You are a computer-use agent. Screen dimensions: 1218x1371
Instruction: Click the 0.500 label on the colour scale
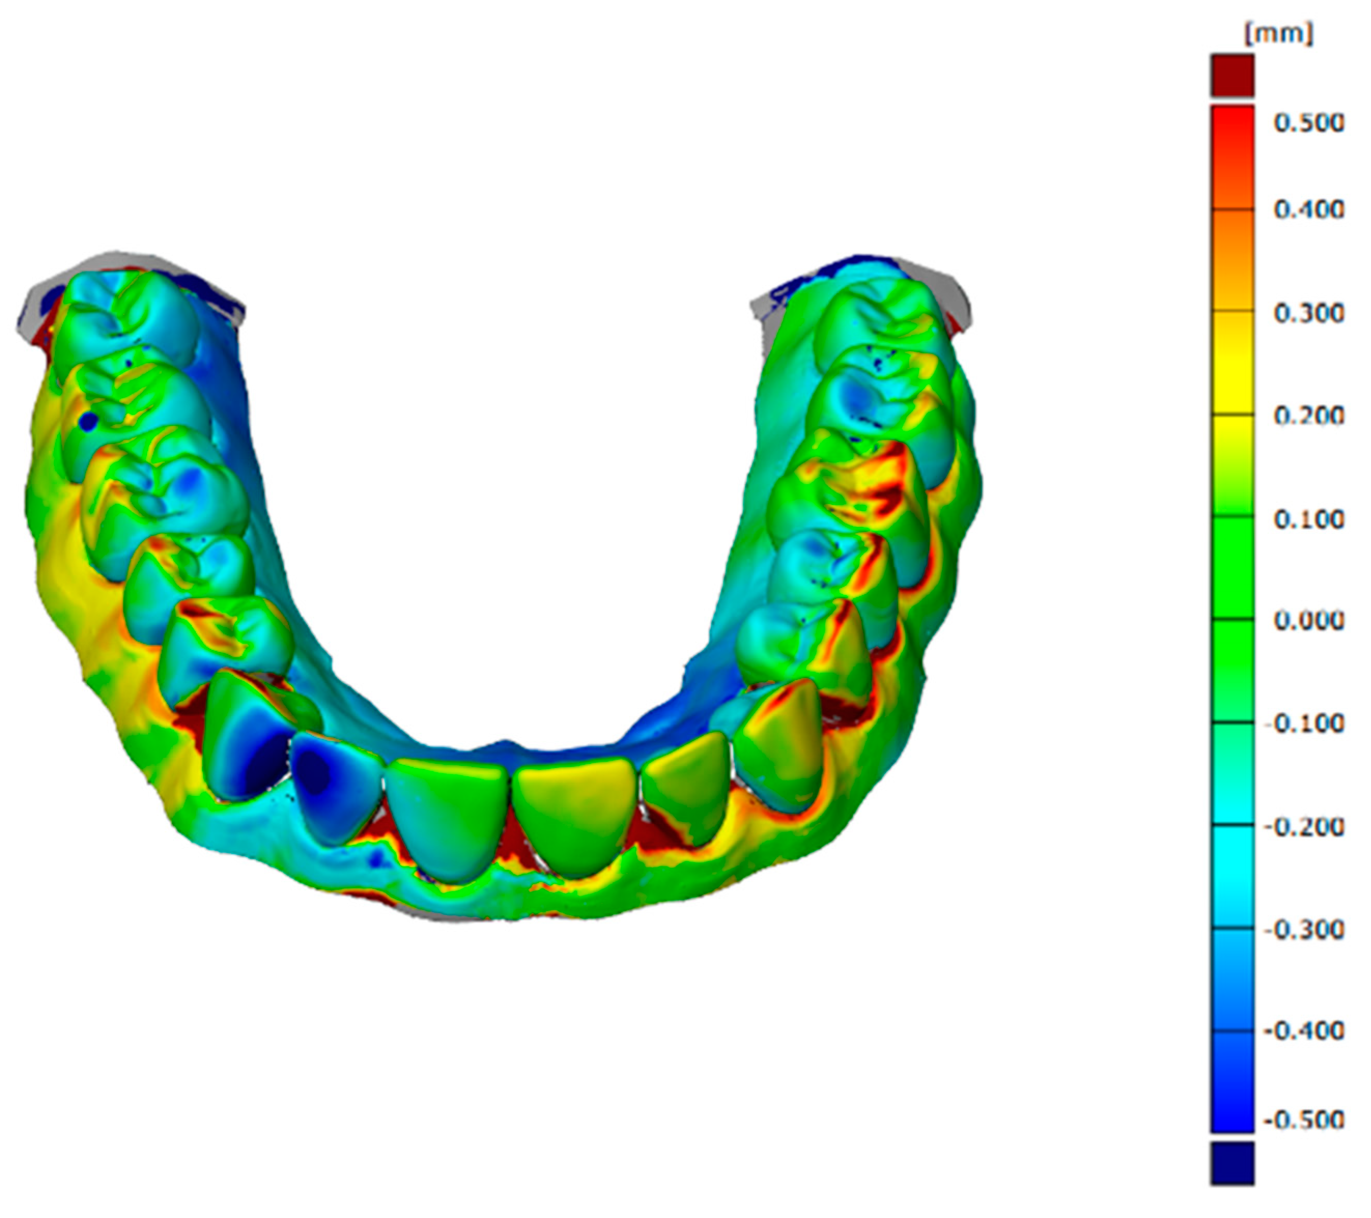1308,123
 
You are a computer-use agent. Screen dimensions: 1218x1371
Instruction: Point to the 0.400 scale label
1308,210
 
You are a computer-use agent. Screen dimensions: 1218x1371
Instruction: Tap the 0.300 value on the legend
1308,313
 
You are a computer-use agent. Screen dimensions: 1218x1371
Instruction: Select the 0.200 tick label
1308,416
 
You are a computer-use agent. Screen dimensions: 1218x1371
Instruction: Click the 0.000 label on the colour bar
1308,621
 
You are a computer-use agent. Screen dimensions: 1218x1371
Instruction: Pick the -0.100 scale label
1304,724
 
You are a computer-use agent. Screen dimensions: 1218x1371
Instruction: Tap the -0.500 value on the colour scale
1304,1120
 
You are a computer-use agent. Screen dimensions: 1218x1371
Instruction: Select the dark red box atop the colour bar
1232,76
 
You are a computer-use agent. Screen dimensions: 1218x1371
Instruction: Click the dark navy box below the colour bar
1232,1164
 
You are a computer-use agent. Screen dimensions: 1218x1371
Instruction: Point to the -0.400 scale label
1304,1031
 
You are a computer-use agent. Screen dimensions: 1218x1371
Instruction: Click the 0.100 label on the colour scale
1308,519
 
